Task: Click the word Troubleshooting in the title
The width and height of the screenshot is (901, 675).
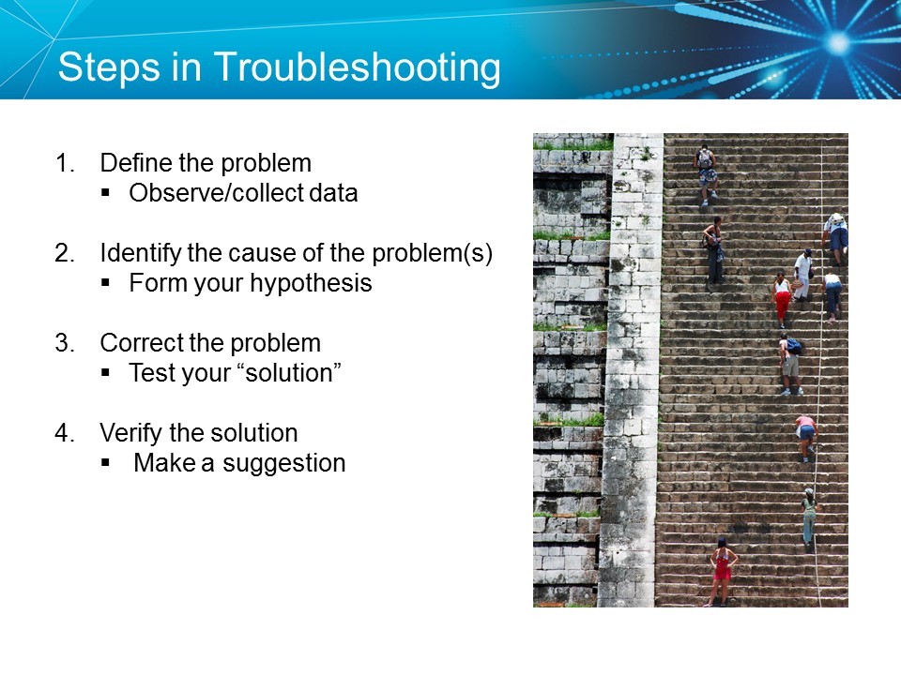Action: (x=357, y=67)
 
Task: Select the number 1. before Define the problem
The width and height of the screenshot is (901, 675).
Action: (x=65, y=163)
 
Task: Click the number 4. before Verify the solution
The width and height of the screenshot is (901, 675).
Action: (x=65, y=433)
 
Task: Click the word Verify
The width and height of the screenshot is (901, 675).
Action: (x=130, y=433)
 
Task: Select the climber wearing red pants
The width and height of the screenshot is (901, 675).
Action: (x=782, y=299)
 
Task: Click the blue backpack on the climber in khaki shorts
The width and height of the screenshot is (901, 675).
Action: (x=795, y=345)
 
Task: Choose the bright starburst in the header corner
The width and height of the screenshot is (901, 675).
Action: (x=837, y=42)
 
